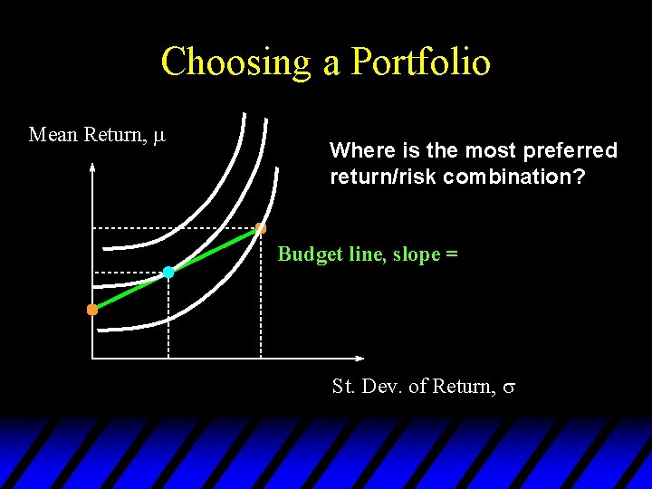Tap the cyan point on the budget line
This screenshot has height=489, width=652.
click(168, 272)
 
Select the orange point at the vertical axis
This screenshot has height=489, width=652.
click(92, 310)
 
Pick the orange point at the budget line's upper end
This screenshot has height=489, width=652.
click(261, 228)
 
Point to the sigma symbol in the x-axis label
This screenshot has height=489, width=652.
click(509, 388)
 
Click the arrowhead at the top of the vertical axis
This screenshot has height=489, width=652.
click(92, 168)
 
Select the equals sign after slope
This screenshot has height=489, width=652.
click(451, 255)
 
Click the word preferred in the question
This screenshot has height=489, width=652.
click(570, 151)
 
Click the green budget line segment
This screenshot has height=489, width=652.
click(213, 250)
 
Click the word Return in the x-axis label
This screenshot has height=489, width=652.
click(463, 387)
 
